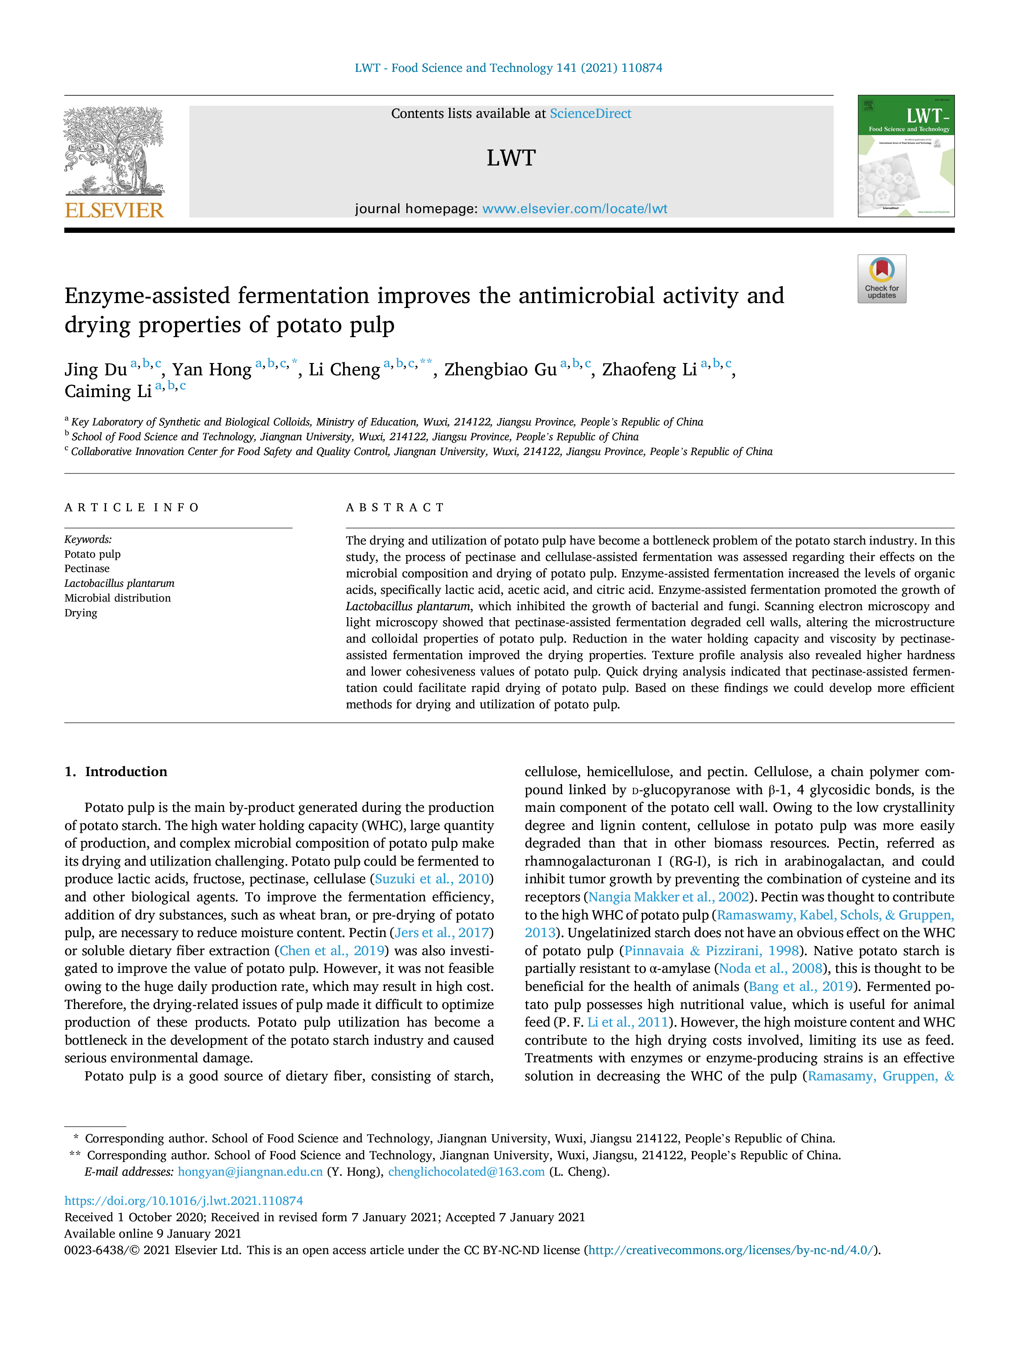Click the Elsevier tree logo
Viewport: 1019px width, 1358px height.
[114, 151]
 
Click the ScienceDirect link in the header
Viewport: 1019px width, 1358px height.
[590, 114]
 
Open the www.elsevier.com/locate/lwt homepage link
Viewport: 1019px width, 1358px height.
[575, 209]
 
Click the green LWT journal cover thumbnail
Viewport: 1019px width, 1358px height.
[906, 156]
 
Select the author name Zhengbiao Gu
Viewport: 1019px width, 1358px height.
[500, 370]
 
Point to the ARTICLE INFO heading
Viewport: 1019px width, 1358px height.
[132, 508]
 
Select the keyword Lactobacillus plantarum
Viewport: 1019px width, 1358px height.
[119, 583]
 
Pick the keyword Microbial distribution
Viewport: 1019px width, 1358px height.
[118, 598]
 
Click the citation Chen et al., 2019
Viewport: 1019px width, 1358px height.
[332, 951]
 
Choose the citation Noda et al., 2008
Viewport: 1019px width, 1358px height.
[770, 969]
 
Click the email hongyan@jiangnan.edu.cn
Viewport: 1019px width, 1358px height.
[250, 1172]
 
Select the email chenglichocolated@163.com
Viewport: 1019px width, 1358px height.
[466, 1172]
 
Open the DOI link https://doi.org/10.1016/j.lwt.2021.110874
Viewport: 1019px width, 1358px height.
[184, 1200]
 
